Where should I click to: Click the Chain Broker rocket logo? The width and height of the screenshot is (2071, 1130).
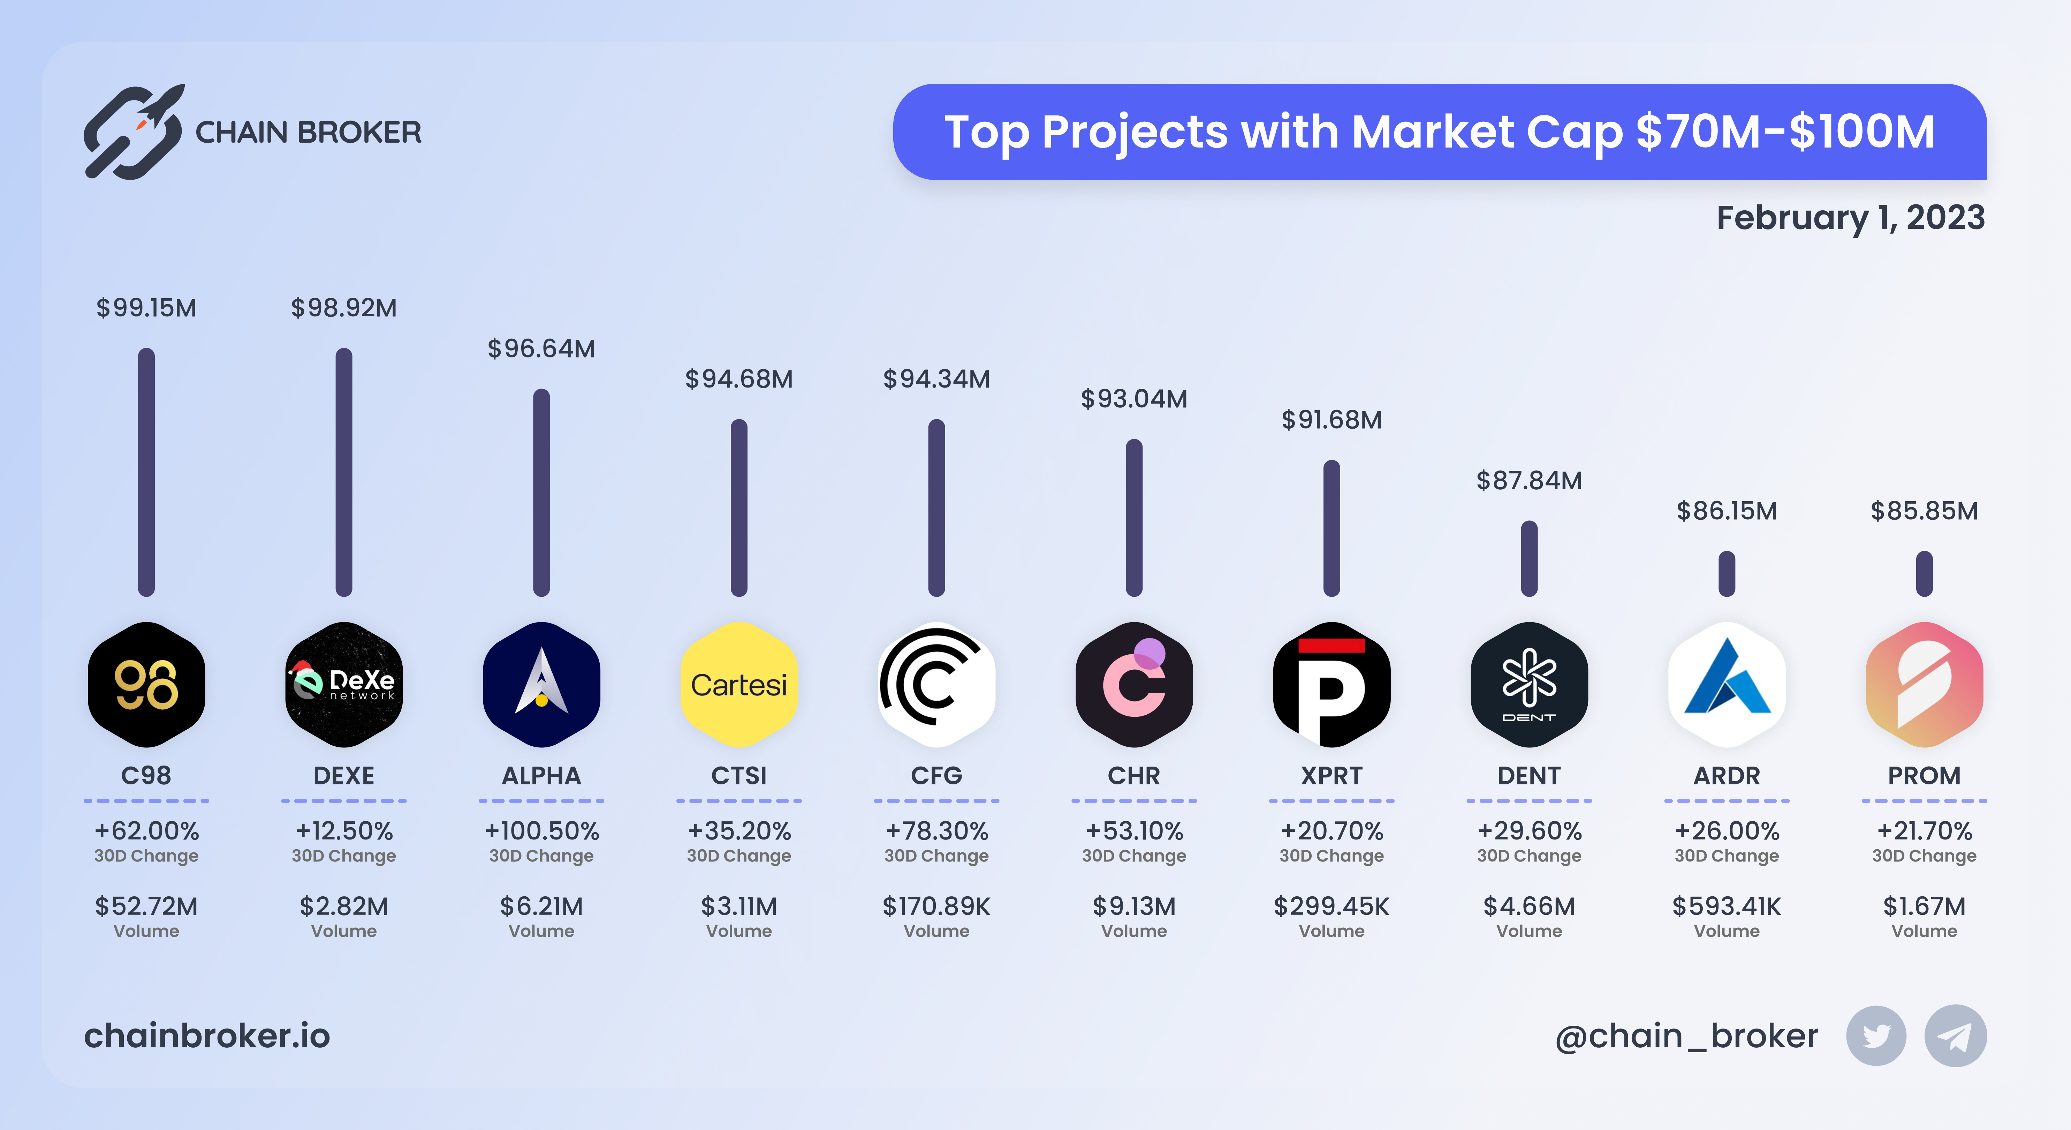[x=134, y=132]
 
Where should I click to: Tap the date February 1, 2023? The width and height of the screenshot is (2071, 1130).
[x=1850, y=218]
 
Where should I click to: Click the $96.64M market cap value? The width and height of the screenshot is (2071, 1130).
[x=541, y=349]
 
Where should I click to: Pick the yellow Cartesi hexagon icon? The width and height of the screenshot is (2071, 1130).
[x=739, y=684]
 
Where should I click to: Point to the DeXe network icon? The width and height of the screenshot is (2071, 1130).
[x=344, y=684]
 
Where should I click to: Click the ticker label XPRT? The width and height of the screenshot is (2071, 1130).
[x=1332, y=775]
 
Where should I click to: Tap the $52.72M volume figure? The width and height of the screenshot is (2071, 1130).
[x=146, y=906]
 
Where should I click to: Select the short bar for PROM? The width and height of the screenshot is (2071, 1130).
[x=1924, y=573]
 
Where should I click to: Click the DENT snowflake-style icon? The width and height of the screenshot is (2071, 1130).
[x=1529, y=684]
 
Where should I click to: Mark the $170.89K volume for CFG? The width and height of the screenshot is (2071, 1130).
[x=936, y=906]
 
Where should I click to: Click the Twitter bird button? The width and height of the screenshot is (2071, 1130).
[x=1876, y=1036]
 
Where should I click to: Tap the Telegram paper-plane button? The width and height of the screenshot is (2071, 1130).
[x=1955, y=1036]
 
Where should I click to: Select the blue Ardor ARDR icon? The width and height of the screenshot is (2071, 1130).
[x=1727, y=684]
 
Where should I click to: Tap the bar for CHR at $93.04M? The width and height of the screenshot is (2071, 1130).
[x=1133, y=518]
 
